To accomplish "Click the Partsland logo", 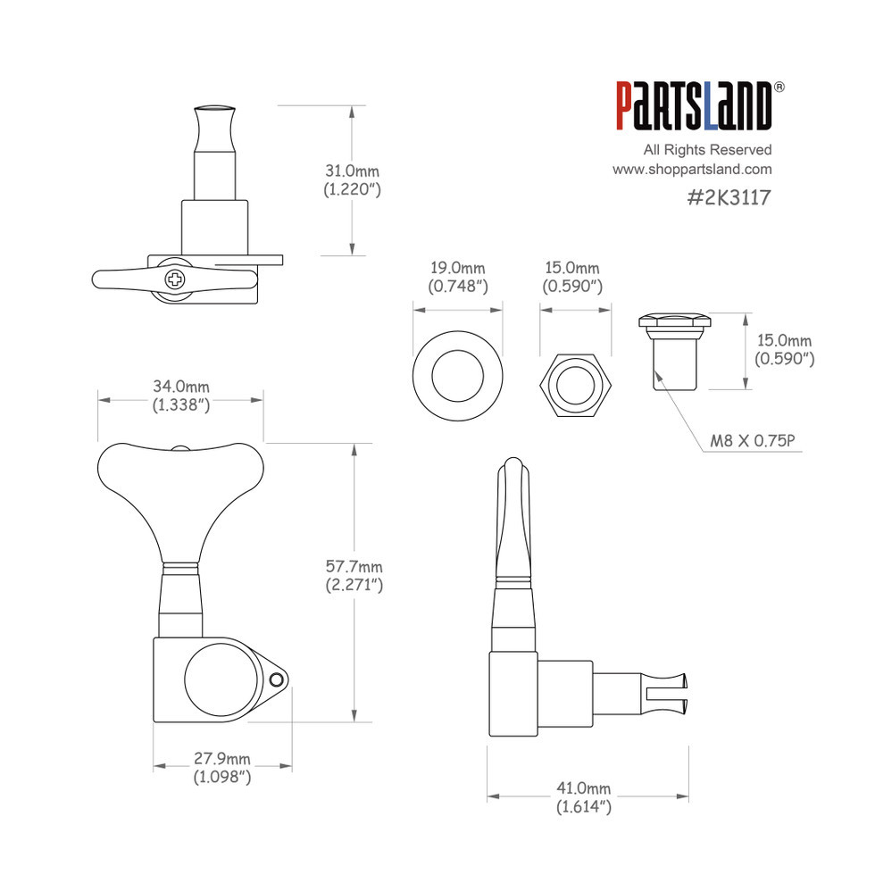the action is coord(695,106).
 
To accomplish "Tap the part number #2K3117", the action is coord(729,197).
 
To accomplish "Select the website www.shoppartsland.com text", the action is coord(692,169).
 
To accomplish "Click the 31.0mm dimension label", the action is coord(352,171).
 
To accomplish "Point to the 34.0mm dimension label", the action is coord(181,386).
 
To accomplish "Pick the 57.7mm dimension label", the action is coord(354,566).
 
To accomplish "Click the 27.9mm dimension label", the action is coord(222,758).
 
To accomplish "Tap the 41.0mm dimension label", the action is coord(584,787).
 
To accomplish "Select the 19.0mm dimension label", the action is coord(457,268).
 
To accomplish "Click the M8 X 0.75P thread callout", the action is coord(752,441).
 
